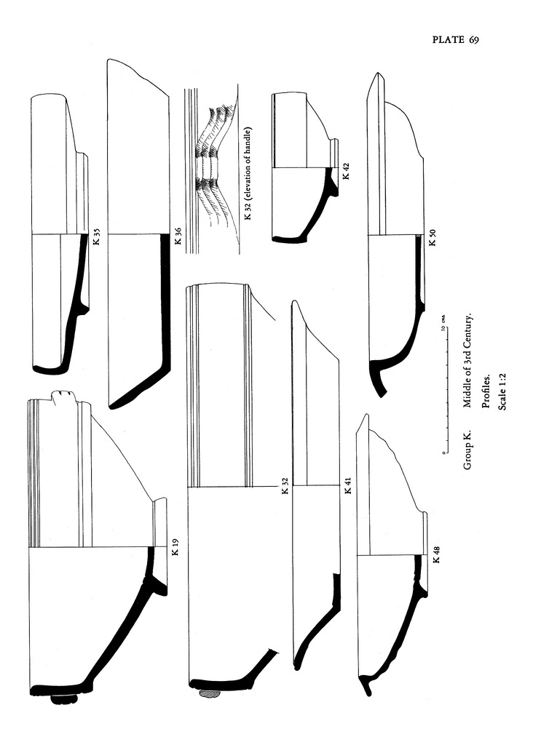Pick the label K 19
point(175,547)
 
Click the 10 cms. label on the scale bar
point(442,324)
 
